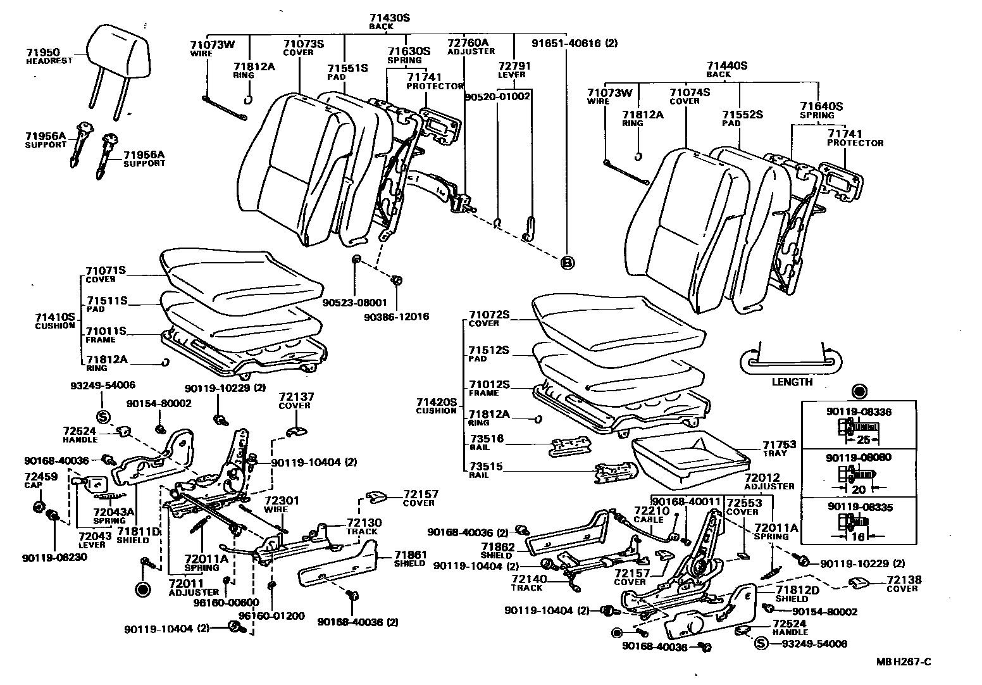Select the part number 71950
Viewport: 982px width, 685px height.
(42, 52)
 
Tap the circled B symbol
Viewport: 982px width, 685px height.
(567, 263)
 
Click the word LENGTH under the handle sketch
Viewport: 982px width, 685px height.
(792, 382)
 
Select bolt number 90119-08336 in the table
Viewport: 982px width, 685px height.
(859, 412)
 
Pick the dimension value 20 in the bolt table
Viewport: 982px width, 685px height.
(858, 489)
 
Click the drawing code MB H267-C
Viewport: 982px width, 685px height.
(904, 662)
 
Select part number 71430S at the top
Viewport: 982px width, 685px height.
(389, 18)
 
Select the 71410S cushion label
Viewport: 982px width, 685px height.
(55, 317)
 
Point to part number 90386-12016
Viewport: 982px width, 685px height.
(396, 316)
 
